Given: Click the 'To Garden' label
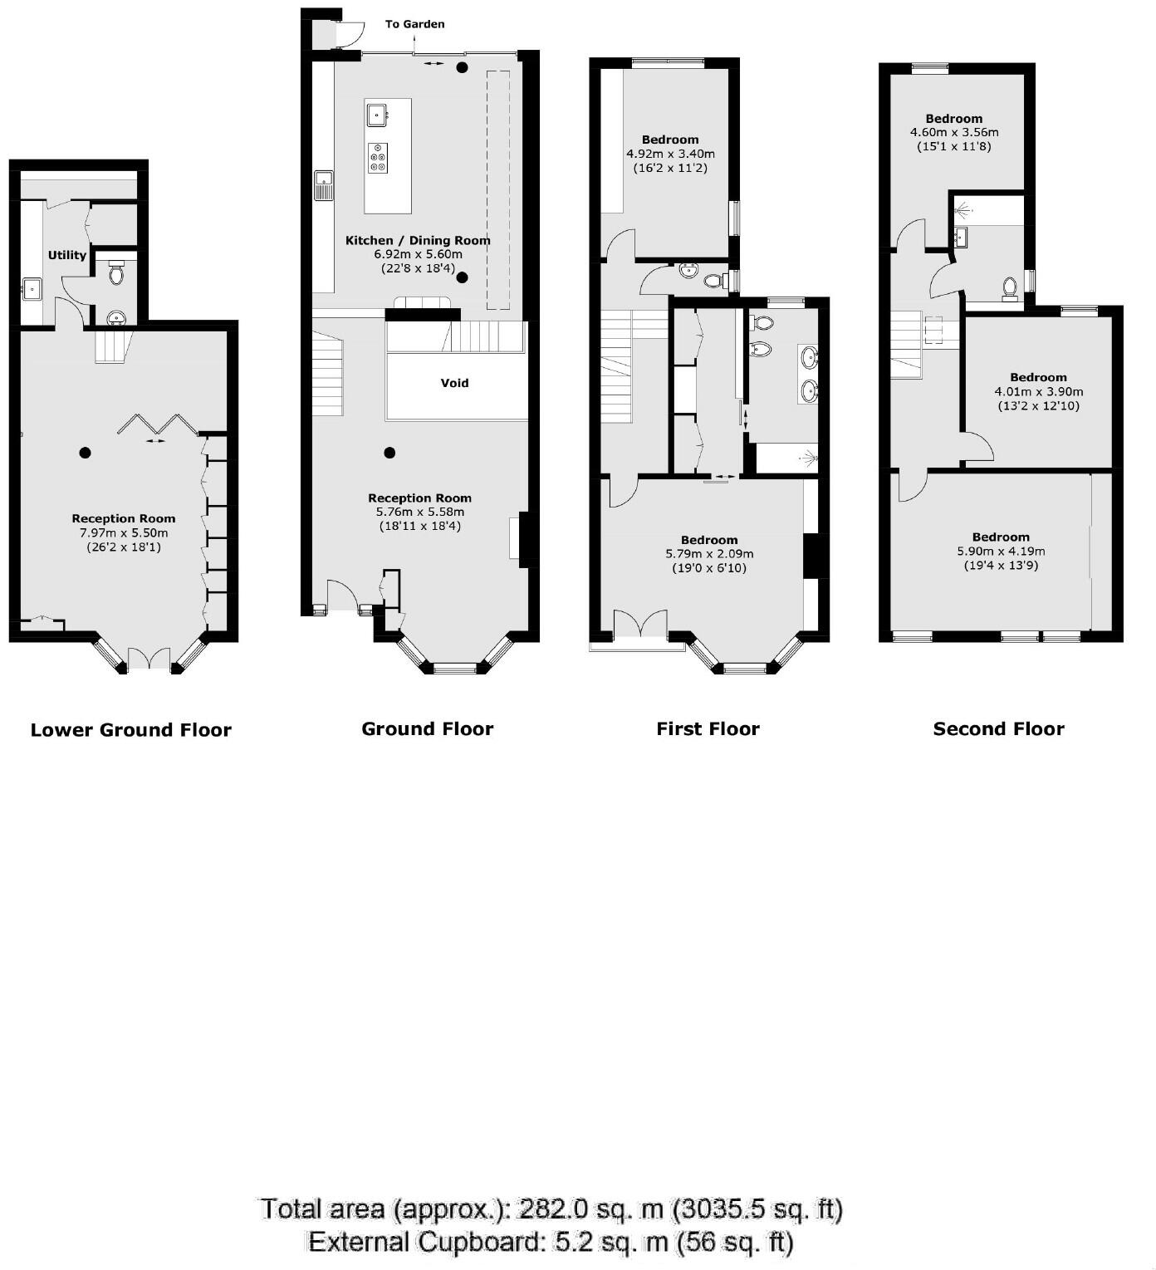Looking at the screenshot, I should (x=414, y=24).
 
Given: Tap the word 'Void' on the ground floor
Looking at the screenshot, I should (x=454, y=383).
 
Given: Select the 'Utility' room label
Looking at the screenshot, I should (x=66, y=255).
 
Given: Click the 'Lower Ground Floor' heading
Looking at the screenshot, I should (x=130, y=730).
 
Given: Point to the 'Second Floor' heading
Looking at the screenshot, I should (x=998, y=729).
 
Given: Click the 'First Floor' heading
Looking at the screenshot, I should (x=708, y=729).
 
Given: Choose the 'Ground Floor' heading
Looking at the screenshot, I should (x=427, y=729).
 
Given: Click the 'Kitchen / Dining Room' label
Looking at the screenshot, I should (x=418, y=240).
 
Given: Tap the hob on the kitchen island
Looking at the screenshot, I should (x=378, y=158).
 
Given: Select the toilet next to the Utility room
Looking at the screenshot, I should (x=116, y=272).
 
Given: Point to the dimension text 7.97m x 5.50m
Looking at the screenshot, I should (x=124, y=532).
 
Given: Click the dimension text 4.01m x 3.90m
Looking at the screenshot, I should (x=1038, y=391).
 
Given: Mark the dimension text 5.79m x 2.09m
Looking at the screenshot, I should (x=709, y=554).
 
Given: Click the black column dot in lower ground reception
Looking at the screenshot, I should (x=85, y=453).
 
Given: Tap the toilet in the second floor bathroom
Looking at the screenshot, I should (x=1009, y=287).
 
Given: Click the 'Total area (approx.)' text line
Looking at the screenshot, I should (x=551, y=1209).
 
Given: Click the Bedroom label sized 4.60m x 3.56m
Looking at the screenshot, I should (x=954, y=119).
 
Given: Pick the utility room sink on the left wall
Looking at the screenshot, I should (x=32, y=289).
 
